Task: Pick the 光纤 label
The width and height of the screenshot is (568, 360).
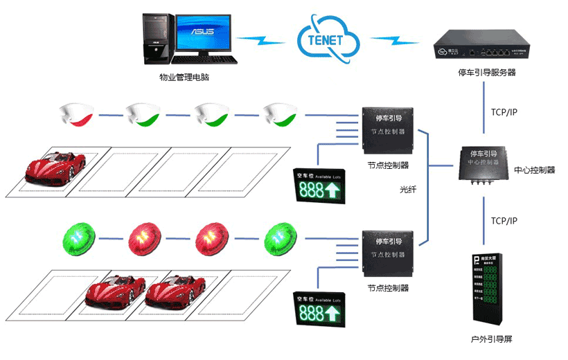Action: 409,189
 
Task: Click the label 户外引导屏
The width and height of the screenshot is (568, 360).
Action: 491,339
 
